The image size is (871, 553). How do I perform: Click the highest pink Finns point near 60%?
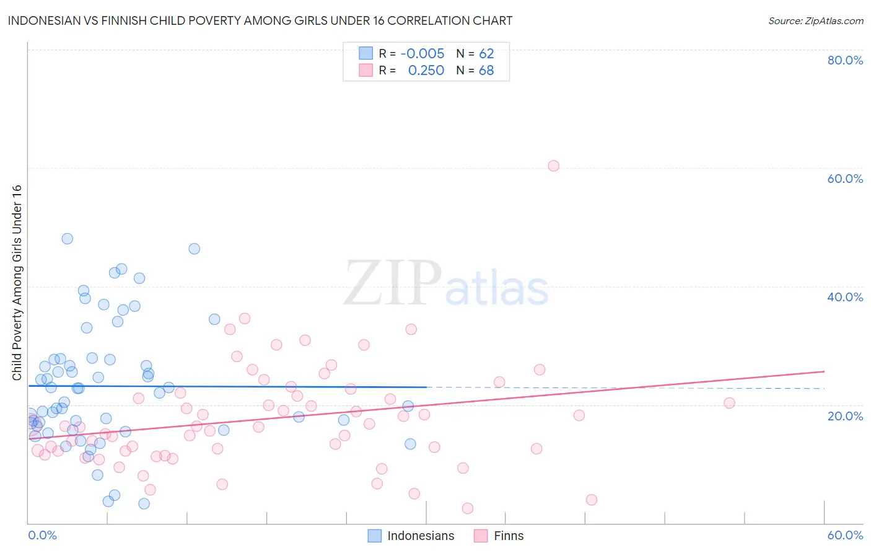pyautogui.click(x=553, y=166)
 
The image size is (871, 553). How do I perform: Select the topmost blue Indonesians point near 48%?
pyautogui.click(x=67, y=239)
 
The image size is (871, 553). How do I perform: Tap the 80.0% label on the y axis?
pyautogui.click(x=845, y=60)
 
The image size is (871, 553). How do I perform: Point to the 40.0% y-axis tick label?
pyautogui.click(x=845, y=297)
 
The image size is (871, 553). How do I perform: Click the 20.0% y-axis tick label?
pyautogui.click(x=845, y=415)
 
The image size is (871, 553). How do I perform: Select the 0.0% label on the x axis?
pyautogui.click(x=42, y=535)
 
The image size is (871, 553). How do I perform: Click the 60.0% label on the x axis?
pyautogui.click(x=845, y=535)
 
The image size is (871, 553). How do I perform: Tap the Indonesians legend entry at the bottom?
pyautogui.click(x=421, y=536)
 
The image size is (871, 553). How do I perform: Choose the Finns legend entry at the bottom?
pyautogui.click(x=509, y=536)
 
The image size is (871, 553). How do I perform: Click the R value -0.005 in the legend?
pyautogui.click(x=422, y=54)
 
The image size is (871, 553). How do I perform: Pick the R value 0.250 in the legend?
pyautogui.click(x=426, y=71)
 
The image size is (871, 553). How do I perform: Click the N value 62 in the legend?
pyautogui.click(x=486, y=54)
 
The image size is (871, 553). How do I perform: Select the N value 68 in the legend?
pyautogui.click(x=486, y=71)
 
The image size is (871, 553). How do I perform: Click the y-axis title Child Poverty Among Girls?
pyautogui.click(x=17, y=283)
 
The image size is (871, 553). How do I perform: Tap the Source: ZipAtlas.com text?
pyautogui.click(x=815, y=21)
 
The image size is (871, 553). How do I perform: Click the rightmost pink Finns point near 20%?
pyautogui.click(x=729, y=403)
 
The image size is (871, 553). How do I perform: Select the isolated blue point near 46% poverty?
pyautogui.click(x=194, y=249)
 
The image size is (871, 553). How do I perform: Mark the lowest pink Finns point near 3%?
pyautogui.click(x=468, y=508)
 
